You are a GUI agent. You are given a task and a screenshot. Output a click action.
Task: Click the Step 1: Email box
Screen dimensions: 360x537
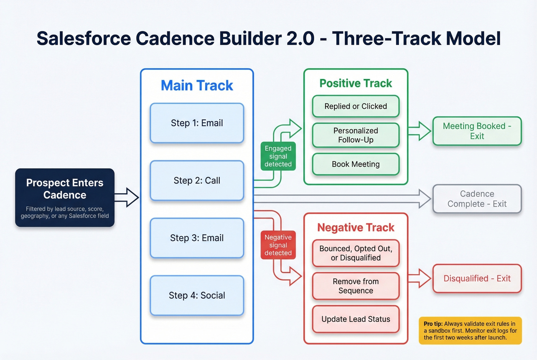(197, 123)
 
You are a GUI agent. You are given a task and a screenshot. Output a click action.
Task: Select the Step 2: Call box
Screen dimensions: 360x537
(197, 181)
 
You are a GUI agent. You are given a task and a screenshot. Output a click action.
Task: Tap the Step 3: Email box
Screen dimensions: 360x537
(197, 238)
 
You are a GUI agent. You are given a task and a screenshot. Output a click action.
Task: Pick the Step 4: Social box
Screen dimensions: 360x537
(197, 296)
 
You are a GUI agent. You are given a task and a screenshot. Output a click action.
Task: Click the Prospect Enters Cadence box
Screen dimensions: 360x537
(65, 197)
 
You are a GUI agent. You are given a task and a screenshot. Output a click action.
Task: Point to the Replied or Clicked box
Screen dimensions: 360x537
(356, 106)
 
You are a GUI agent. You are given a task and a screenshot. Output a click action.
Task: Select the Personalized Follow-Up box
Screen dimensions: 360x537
(356, 135)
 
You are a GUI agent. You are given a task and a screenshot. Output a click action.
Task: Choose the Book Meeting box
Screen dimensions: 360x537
(356, 164)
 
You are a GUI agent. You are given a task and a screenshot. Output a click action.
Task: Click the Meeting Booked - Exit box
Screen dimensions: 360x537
(477, 131)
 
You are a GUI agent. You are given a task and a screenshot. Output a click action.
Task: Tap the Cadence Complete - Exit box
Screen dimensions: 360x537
(477, 199)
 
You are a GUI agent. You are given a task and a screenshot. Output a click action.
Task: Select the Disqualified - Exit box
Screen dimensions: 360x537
(477, 278)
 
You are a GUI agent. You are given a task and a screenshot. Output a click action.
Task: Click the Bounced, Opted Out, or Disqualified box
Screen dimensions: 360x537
(356, 253)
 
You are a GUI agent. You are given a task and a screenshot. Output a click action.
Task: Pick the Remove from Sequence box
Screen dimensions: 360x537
(356, 286)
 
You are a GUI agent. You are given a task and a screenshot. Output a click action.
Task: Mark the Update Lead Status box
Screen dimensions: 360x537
(356, 319)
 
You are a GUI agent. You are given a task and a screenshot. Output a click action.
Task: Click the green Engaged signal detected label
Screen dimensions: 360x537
(278, 156)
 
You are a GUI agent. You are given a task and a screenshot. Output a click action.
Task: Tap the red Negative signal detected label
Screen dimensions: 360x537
(278, 245)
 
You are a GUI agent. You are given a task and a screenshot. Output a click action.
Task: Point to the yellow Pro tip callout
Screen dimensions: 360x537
(470, 330)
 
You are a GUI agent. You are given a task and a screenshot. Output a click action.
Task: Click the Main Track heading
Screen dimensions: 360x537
(197, 85)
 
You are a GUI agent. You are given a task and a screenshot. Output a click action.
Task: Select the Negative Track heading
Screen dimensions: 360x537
(356, 228)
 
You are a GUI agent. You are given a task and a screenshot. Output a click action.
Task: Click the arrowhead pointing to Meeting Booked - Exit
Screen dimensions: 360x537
(425, 131)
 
